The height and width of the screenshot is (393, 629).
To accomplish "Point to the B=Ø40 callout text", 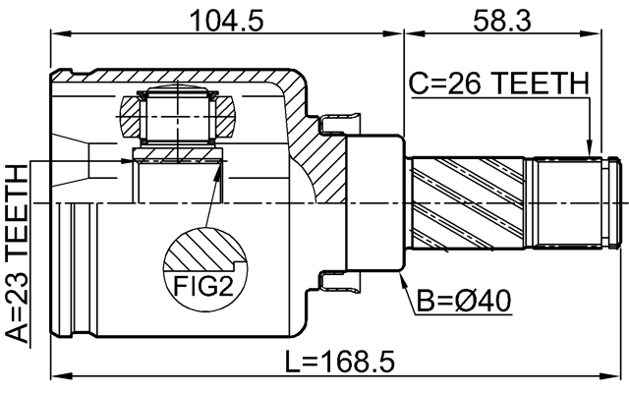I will click(x=461, y=298).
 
